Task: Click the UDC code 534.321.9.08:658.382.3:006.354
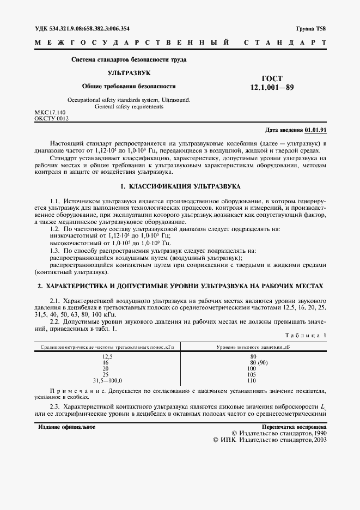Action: click(82, 28)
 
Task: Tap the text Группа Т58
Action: click(311, 28)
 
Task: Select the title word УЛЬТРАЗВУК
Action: click(129, 72)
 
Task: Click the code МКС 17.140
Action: click(50, 112)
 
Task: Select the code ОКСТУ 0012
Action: click(51, 118)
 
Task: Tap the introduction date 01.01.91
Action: click(315, 131)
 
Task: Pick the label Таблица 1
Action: click(306, 335)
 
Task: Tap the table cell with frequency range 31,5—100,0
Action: click(108, 380)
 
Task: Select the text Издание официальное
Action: click(67, 427)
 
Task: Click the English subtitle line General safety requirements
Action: click(129, 107)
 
